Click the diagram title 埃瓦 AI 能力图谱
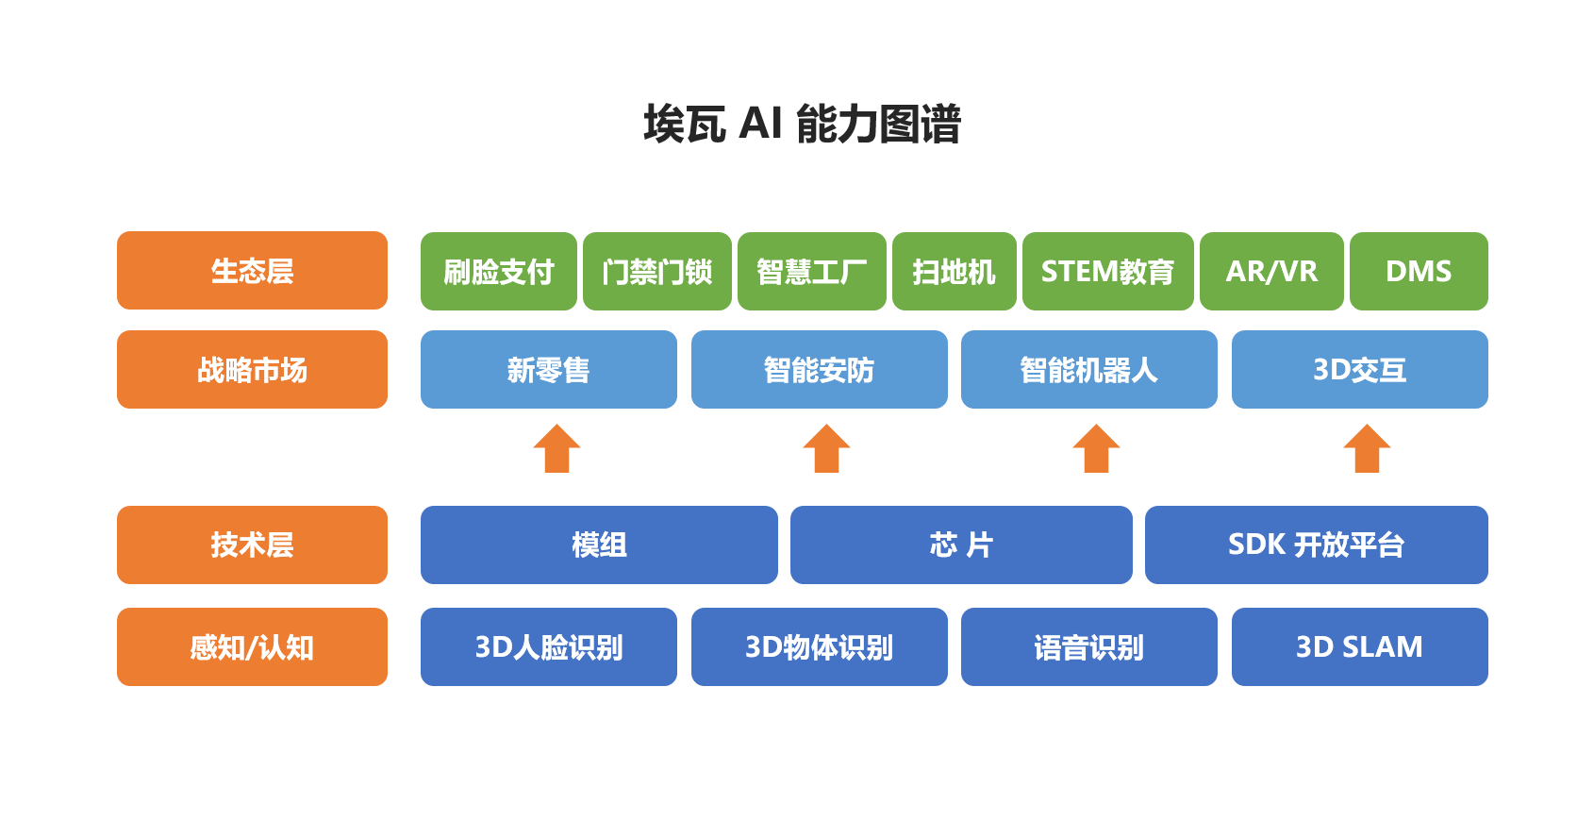point(802,124)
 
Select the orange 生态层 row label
point(252,271)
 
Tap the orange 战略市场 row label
point(252,370)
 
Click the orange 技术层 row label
point(252,545)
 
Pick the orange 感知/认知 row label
point(252,646)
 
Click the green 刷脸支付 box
point(499,271)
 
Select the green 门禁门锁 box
point(656,271)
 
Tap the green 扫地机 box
point(955,271)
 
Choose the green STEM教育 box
point(1108,271)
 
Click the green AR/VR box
point(1271,271)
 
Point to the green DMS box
point(1419,271)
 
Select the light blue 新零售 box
point(549,370)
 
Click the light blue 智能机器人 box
point(1088,370)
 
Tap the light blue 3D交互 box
point(1360,370)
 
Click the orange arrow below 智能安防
point(826,448)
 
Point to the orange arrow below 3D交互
point(1367,448)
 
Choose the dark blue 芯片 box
point(961,545)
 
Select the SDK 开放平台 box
point(1317,545)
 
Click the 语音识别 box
point(1088,646)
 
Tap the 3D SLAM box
point(1360,646)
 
